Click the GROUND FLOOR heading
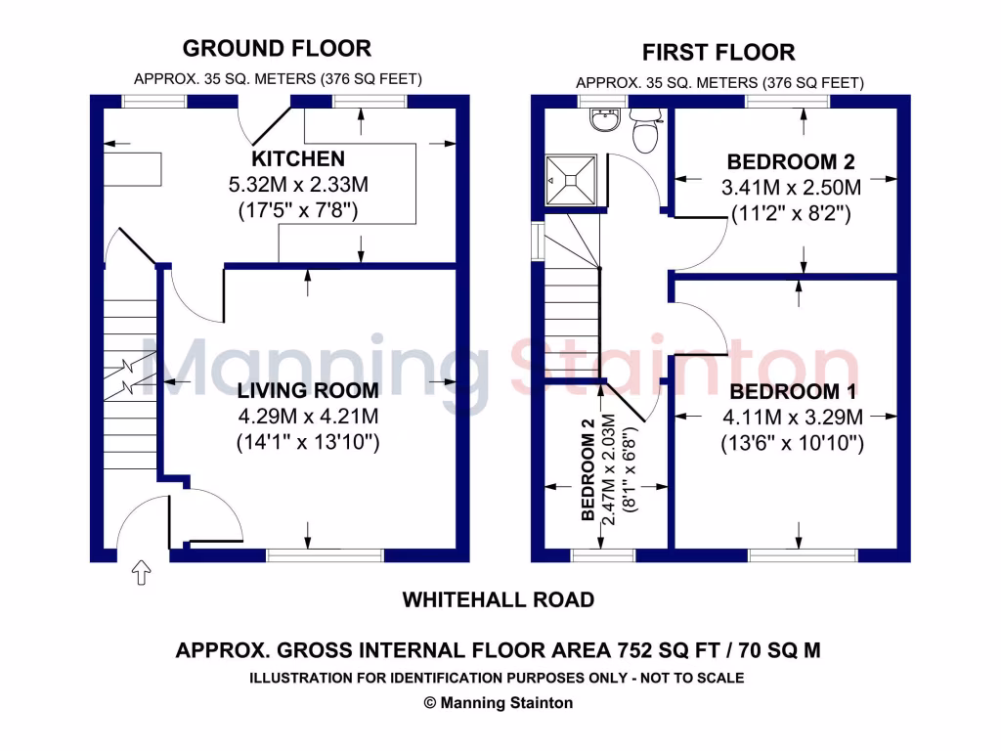tap(277, 48)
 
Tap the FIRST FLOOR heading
tap(718, 52)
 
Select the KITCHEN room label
tap(298, 158)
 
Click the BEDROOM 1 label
tap(793, 392)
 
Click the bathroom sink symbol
tap(603, 119)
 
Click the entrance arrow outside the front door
tap(140, 573)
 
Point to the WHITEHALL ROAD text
tap(499, 599)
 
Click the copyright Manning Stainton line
tap(498, 702)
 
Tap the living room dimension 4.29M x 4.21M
tap(308, 418)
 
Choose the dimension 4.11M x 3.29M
tap(793, 419)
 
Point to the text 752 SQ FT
tap(664, 649)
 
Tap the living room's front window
tap(325, 555)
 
